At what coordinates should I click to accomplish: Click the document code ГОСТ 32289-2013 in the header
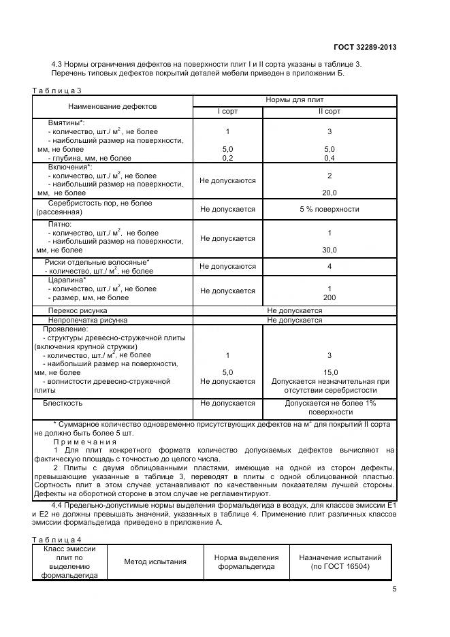point(364,47)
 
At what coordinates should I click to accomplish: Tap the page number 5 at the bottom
point(394,589)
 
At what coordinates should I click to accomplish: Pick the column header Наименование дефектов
point(112,107)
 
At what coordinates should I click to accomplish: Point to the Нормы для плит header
point(294,100)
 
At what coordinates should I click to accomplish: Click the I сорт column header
point(227,112)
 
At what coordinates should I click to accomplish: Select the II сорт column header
point(330,112)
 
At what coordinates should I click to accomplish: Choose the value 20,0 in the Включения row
point(330,193)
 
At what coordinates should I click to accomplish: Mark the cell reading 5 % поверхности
point(330,209)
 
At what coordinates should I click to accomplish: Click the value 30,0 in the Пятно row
point(330,250)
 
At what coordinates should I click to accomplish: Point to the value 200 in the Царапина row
point(330,297)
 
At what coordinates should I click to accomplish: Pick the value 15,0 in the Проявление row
point(330,372)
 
